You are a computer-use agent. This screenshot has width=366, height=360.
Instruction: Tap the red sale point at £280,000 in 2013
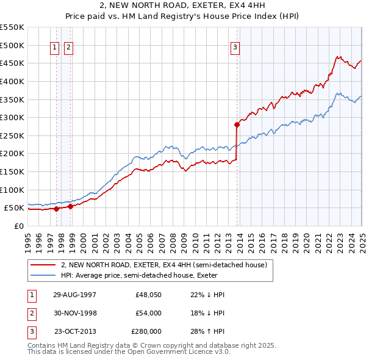coord(237,124)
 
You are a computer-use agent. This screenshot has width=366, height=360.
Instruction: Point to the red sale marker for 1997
coord(57,209)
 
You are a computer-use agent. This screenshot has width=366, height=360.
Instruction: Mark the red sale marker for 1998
coord(71,206)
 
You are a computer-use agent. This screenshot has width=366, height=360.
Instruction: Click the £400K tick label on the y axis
coord(12,81)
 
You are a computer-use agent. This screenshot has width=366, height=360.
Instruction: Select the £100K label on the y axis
coord(12,190)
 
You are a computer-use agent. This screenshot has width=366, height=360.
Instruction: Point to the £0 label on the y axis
coord(18,226)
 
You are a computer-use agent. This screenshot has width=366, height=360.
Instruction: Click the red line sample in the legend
coord(43,265)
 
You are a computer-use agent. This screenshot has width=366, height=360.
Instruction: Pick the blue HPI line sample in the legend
coord(43,275)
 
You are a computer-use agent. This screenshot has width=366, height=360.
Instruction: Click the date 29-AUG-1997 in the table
coord(74,294)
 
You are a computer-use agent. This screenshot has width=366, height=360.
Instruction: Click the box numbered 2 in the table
coord(31,313)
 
